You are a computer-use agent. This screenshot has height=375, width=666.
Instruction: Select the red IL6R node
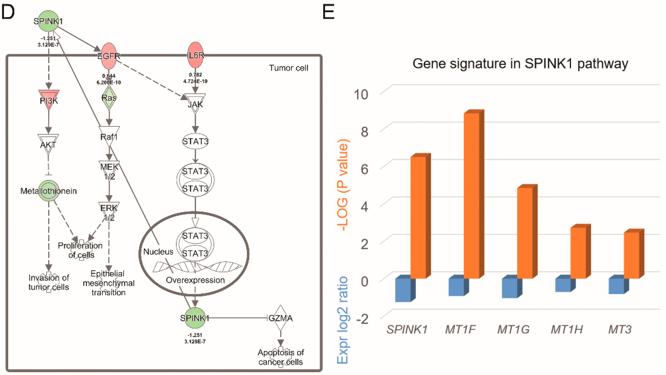(195, 55)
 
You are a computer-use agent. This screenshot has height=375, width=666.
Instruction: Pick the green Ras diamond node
(109, 98)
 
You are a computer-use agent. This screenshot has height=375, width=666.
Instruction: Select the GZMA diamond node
(281, 318)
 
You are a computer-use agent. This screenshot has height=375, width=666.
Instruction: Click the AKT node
(48, 143)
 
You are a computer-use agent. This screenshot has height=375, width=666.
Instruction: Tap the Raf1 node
(109, 136)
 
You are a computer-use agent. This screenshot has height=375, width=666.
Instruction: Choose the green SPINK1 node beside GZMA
(195, 318)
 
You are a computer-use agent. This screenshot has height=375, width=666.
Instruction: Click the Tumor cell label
(289, 68)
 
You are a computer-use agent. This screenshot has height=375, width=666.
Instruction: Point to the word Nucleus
(158, 252)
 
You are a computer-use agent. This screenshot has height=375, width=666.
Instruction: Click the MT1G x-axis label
(513, 329)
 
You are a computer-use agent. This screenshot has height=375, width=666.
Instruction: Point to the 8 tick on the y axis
(364, 132)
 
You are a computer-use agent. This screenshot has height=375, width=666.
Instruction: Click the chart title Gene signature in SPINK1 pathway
(520, 64)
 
